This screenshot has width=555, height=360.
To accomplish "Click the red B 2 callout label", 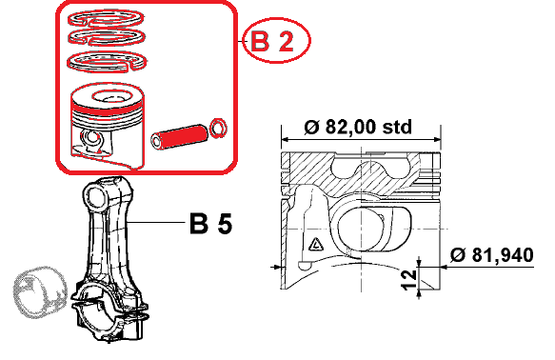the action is click(x=272, y=41).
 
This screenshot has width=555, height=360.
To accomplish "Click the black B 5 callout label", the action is click(x=210, y=224).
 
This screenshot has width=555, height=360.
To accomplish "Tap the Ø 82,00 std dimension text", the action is click(x=358, y=127).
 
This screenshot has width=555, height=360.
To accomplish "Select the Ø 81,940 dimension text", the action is click(x=492, y=255).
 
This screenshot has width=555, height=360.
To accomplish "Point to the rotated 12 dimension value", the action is click(x=409, y=280).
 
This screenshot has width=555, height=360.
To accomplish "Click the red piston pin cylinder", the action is click(x=179, y=136).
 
